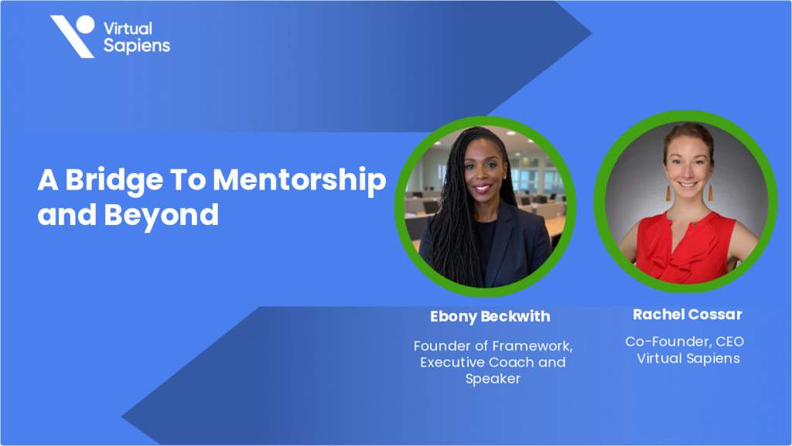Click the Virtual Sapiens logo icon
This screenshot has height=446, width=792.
pos(73,36)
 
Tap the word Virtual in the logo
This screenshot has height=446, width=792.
pos(128,28)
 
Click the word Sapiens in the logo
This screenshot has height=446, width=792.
pos(136,46)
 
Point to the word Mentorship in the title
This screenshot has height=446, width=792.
pos(299,181)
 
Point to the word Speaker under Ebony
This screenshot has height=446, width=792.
pos(493,379)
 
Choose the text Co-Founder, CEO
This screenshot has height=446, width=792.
pos(684,341)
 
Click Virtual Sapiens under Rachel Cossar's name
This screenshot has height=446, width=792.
pos(688,358)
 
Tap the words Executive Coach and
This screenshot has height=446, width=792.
pos(493,362)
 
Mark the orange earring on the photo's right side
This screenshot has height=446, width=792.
pos(709,191)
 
